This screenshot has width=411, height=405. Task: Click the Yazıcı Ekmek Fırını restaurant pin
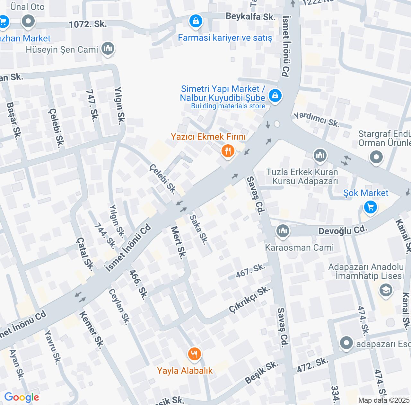pos(228,150)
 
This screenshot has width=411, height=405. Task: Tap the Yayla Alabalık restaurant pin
pos(194,354)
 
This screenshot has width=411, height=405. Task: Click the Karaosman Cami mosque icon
pos(283,230)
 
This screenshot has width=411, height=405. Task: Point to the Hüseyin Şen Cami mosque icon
pos(108,49)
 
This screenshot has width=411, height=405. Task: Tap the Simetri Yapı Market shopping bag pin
pos(275,95)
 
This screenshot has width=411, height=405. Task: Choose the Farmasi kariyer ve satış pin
pos(196,22)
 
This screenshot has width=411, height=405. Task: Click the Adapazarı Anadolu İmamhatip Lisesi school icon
pos(386,290)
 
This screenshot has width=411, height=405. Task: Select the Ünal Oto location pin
pos(28,22)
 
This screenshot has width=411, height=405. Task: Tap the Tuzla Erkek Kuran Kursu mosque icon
pos(320,156)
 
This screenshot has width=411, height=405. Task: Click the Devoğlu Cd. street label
pos(343,230)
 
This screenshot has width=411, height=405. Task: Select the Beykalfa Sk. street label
pos(250,16)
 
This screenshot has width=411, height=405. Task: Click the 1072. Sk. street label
pos(88,24)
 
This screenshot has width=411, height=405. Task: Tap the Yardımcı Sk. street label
pos(316,119)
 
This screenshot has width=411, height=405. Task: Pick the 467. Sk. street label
pos(250,270)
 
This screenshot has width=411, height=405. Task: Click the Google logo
pos(22,397)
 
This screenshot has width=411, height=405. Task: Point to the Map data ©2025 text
pos(384,400)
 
